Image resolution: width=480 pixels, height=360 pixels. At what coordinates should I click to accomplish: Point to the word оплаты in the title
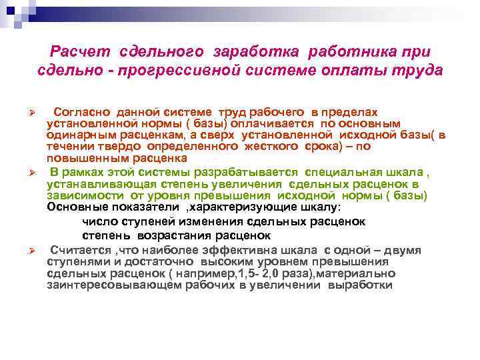[359, 70]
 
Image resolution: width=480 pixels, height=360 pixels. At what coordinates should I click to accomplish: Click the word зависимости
[82, 195]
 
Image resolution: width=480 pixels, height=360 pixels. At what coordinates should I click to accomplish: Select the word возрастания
[173, 236]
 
